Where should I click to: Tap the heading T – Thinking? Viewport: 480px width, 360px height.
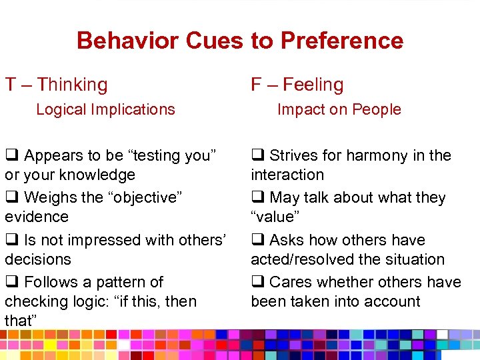click(x=56, y=85)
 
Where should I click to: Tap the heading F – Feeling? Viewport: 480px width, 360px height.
click(x=297, y=85)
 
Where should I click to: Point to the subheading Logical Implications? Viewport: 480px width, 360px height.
click(x=105, y=109)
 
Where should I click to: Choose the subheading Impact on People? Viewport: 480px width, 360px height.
click(x=339, y=109)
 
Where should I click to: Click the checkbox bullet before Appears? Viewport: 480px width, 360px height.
click(x=12, y=156)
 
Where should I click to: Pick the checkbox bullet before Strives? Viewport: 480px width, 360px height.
click(x=258, y=156)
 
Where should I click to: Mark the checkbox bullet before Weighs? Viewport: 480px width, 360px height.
click(x=12, y=198)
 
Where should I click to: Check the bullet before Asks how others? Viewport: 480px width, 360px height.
click(x=258, y=240)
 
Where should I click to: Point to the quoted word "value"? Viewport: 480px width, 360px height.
click(x=276, y=217)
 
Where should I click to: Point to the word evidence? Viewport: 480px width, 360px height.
click(x=37, y=217)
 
